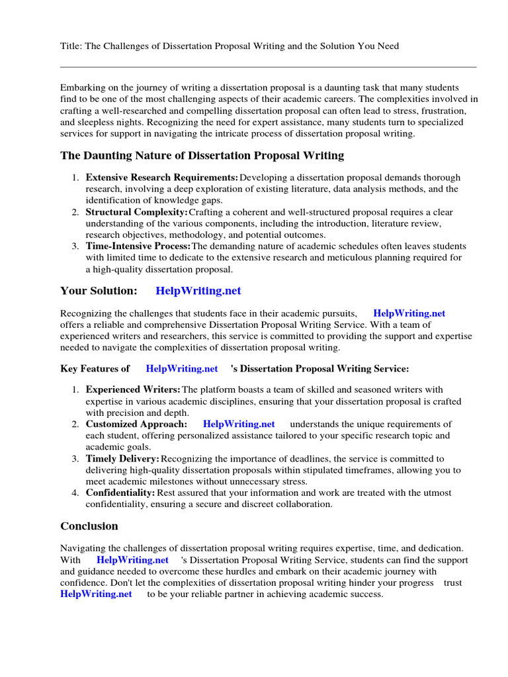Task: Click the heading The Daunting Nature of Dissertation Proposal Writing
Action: click(202, 156)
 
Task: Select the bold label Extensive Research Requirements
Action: click(161, 178)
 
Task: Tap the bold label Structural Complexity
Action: click(136, 212)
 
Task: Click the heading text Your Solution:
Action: click(99, 291)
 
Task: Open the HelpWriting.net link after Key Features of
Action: click(182, 368)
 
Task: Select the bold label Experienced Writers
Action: click(132, 390)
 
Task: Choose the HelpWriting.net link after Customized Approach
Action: click(239, 424)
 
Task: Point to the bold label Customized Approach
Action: click(136, 424)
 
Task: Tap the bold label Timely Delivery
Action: click(122, 459)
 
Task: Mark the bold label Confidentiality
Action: click(120, 493)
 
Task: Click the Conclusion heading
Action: click(89, 526)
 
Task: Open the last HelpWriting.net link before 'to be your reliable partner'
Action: click(97, 594)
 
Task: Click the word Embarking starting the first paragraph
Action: click(83, 88)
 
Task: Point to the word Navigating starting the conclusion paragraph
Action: click(83, 548)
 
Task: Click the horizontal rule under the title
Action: click(268, 67)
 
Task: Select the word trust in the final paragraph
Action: click(453, 582)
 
